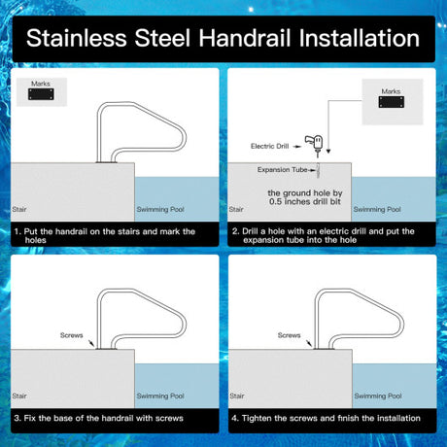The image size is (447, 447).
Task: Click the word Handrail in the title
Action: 245,38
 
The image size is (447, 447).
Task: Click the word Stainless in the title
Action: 76,38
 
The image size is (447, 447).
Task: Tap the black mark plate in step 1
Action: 41,94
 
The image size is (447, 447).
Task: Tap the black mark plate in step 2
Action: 392,102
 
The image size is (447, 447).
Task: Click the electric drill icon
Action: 315,144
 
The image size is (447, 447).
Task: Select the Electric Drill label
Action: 269,146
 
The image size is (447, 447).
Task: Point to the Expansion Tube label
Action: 282,170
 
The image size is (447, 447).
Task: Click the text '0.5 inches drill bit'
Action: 305,201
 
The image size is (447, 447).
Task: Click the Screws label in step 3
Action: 72,335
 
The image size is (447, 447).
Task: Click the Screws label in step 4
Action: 289,335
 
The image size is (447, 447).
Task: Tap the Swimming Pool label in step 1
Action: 160,209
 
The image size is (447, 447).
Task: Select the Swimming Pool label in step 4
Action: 378,395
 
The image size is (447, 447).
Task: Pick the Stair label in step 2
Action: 236,209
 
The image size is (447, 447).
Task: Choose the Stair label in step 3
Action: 19,395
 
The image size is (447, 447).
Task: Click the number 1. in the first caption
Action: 17,231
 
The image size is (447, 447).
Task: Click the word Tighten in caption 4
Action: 257,418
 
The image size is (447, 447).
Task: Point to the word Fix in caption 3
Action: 29,418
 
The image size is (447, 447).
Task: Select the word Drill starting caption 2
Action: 250,231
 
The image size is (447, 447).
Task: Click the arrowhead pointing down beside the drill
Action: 328,151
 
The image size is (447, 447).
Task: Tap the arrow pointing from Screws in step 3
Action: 90,343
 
